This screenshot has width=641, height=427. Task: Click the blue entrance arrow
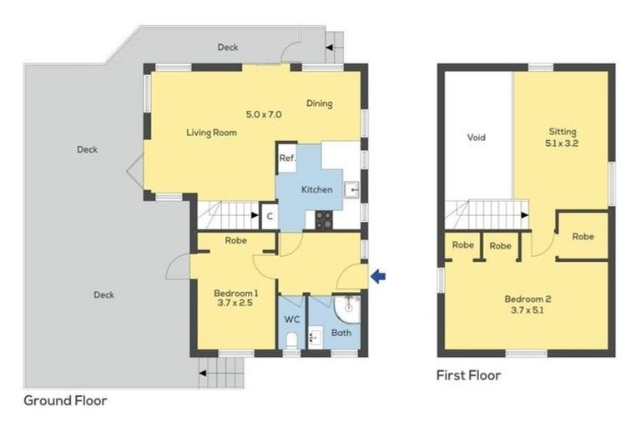378,277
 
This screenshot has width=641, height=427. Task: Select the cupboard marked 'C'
269,217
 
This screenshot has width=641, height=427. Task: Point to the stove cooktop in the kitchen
323,219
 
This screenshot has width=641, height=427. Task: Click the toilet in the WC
291,339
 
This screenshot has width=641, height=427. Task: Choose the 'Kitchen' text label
316,189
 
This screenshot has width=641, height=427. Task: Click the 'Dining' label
319,104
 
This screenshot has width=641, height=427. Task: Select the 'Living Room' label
211,133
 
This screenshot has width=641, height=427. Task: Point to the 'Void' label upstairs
476,138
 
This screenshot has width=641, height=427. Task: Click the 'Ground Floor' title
65,400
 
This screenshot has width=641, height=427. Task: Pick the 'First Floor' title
469,375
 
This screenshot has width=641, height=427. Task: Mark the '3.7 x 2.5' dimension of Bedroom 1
235,304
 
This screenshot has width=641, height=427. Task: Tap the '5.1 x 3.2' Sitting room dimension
563,143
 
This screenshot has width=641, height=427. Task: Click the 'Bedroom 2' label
527,299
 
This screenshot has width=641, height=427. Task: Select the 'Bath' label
341,333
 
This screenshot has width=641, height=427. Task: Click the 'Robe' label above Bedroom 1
235,241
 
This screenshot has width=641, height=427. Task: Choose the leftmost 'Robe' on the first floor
463,246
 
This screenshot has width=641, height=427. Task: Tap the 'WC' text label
291,319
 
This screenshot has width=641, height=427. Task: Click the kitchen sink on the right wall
353,190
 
